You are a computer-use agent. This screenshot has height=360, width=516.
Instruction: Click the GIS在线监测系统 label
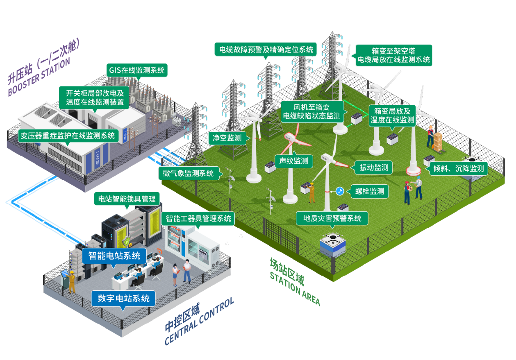(136, 70)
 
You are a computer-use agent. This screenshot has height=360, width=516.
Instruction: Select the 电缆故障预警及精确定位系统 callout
(266, 50)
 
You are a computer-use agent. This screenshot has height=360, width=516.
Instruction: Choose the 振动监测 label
(373, 167)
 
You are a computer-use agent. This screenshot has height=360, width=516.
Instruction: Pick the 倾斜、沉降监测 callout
(458, 168)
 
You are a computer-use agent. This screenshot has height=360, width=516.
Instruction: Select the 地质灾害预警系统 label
(332, 218)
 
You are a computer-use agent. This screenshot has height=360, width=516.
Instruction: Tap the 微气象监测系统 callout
(188, 173)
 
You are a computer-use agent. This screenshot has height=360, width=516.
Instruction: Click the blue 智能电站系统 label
(114, 256)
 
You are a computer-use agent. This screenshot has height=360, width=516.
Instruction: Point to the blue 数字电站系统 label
(123, 298)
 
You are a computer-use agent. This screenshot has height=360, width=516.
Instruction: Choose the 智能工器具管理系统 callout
(198, 218)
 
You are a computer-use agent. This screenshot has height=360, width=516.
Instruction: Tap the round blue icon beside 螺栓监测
(339, 191)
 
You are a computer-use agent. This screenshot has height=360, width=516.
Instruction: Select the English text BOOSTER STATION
(39, 77)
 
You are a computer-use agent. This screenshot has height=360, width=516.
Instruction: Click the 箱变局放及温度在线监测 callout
(392, 115)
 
